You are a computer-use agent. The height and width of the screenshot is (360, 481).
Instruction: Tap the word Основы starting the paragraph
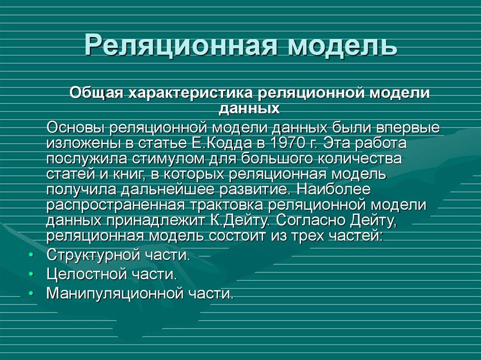coord(75,128)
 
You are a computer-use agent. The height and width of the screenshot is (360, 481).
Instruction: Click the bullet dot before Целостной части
coord(31,274)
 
